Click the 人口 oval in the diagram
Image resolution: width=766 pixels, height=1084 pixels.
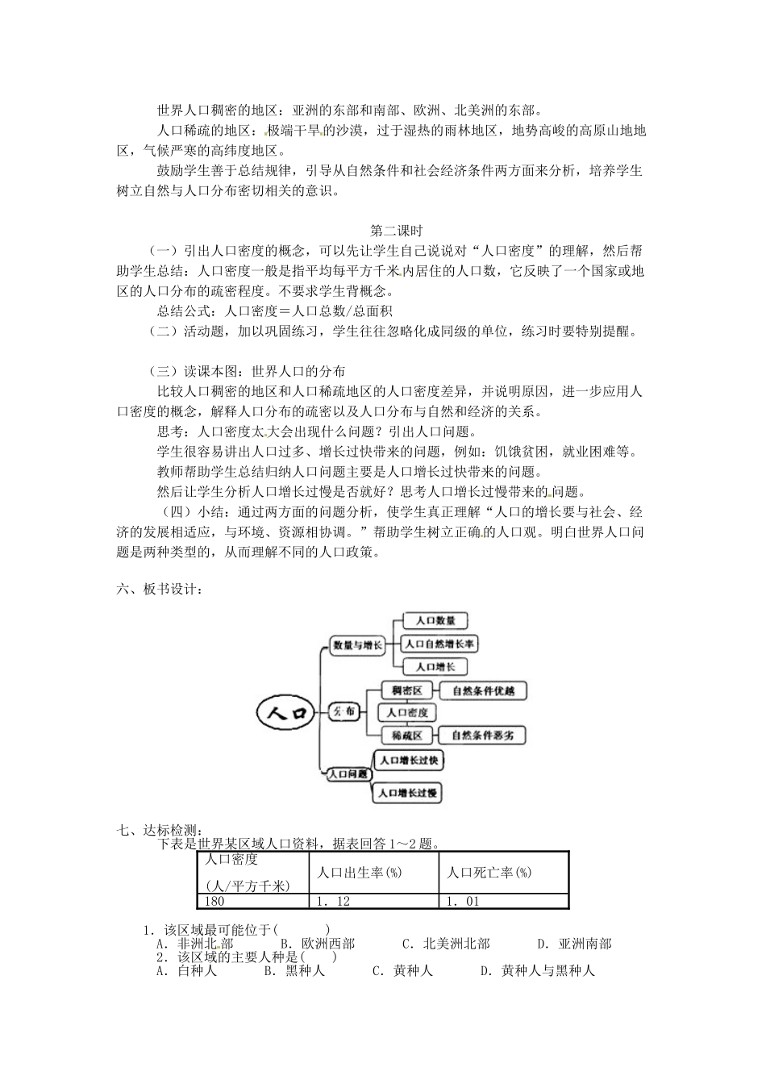tap(287, 712)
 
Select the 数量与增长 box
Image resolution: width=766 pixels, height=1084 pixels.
tap(358, 645)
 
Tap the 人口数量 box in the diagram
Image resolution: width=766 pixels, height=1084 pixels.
tap(435, 621)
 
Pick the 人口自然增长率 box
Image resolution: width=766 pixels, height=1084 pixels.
tap(439, 644)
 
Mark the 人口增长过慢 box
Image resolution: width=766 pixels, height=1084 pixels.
tap(408, 794)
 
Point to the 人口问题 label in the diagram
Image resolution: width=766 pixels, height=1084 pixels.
tap(348, 773)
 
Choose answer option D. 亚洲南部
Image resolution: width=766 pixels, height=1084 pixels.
tap(574, 944)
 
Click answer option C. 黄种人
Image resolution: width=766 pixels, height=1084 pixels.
tap(402, 970)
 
